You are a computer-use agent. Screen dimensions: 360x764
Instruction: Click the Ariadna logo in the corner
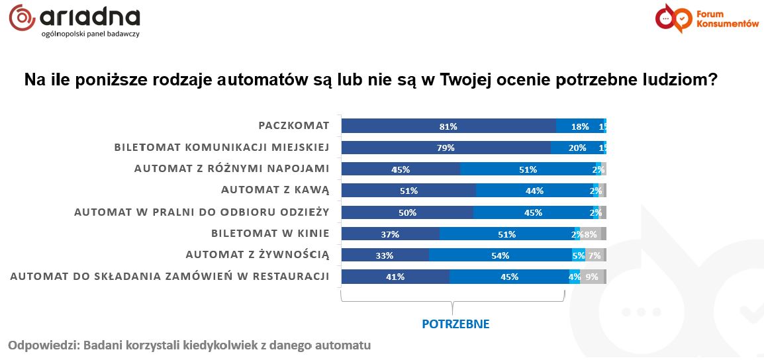pyautogui.click(x=74, y=20)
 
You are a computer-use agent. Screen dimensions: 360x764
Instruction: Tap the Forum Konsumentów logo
pyautogui.click(x=706, y=19)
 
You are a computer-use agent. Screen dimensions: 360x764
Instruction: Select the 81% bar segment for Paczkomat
pyautogui.click(x=448, y=126)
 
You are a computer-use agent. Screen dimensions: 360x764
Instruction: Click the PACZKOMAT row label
pyautogui.click(x=294, y=126)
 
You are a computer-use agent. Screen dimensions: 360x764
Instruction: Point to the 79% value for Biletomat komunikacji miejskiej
pyautogui.click(x=446, y=148)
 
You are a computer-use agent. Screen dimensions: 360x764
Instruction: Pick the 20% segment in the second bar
pyautogui.click(x=577, y=148)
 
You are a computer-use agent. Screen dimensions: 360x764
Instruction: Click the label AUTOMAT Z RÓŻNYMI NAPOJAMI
pyautogui.click(x=232, y=169)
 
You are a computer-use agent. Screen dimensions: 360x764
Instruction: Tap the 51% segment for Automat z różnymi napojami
pyautogui.click(x=528, y=169)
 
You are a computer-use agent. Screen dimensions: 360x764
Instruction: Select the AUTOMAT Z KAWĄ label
pyautogui.click(x=275, y=191)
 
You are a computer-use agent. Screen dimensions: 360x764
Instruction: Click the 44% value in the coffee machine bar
pyautogui.click(x=534, y=191)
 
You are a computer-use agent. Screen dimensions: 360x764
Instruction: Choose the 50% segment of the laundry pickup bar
pyautogui.click(x=407, y=212)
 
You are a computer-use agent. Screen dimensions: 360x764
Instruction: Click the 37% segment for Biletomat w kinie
pyautogui.click(x=390, y=234)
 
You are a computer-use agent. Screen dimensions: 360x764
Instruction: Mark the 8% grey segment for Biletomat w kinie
pyautogui.click(x=591, y=234)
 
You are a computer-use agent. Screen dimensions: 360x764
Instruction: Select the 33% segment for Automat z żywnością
pyautogui.click(x=385, y=255)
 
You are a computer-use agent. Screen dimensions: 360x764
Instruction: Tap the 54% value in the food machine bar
pyautogui.click(x=500, y=255)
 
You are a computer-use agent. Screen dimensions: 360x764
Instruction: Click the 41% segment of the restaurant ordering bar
pyautogui.click(x=395, y=277)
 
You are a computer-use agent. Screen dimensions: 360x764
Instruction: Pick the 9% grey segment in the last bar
pyautogui.click(x=592, y=277)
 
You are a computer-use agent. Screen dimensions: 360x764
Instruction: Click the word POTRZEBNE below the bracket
pyautogui.click(x=455, y=324)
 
